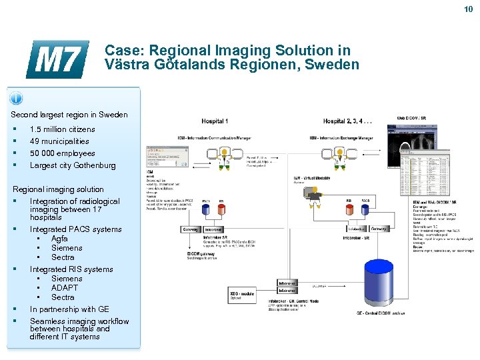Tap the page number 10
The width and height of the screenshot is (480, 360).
coord(469,9)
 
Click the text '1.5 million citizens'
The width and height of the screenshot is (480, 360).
coord(62,129)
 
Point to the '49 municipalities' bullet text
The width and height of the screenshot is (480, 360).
coord(59,141)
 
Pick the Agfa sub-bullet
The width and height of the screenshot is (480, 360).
coord(59,239)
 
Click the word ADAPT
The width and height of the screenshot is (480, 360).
coord(65,288)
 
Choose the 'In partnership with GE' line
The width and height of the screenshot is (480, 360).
coord(69,309)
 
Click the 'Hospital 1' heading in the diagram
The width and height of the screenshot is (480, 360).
coord(215,121)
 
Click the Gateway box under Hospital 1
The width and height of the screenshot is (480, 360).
coord(191,229)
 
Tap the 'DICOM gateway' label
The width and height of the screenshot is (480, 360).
coord(204,254)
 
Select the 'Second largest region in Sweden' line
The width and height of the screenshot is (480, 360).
coord(69,115)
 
